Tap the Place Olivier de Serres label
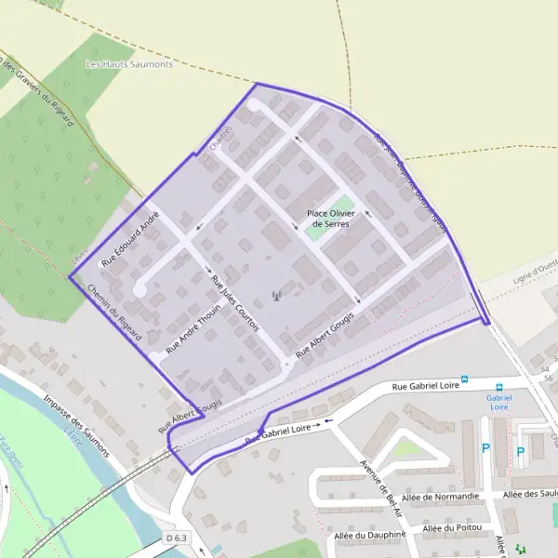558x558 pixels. (331, 219)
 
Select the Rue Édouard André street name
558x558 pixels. (131, 239)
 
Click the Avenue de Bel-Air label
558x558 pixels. (380, 488)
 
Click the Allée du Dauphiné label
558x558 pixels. (368, 535)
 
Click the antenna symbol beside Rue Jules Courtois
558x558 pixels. (275, 298)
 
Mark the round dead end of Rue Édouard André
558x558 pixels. (139, 289)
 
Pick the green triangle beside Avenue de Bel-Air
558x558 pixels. (406, 449)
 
